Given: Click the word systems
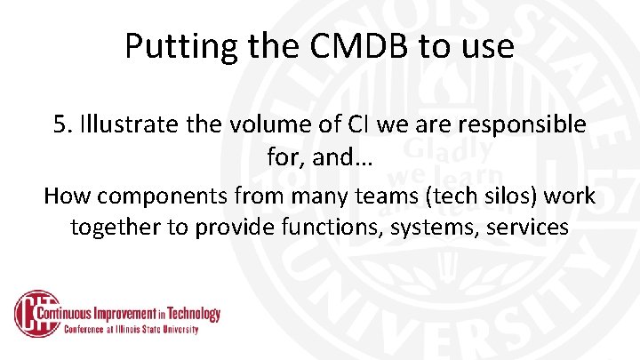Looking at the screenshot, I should (x=438, y=227).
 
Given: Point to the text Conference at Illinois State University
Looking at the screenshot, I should (x=131, y=330).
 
